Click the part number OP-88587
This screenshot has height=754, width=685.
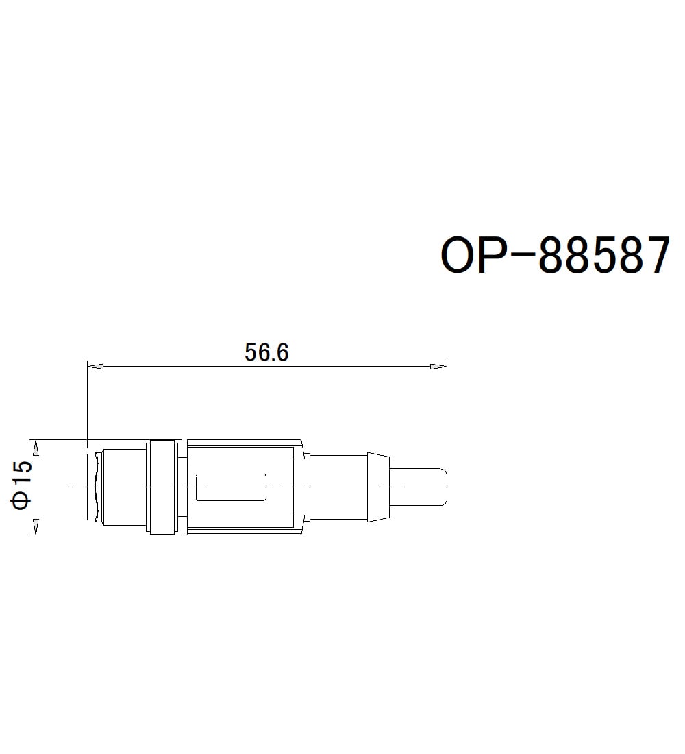[x=555, y=255]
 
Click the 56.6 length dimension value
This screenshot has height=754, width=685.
[x=266, y=352]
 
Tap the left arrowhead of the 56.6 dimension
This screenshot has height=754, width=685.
[x=95, y=366]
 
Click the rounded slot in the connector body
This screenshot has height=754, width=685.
[x=232, y=487]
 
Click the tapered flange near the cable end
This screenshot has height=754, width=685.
[x=378, y=487]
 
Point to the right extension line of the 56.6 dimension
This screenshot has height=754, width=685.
[x=447, y=418]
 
